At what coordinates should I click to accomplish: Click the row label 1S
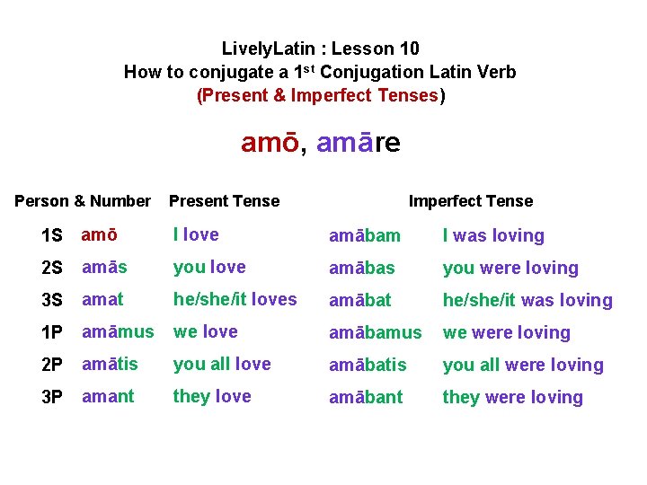[x=52, y=236]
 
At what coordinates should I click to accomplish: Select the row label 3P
[x=52, y=398]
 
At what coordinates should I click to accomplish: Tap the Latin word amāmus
[x=118, y=332]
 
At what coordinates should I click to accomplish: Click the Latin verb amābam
[x=364, y=236]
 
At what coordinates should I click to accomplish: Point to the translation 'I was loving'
[x=493, y=236]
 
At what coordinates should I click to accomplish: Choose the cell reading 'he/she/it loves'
[x=235, y=300]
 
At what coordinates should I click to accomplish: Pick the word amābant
[x=366, y=397]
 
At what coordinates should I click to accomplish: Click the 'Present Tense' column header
[x=224, y=201]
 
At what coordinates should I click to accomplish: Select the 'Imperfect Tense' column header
[x=470, y=201]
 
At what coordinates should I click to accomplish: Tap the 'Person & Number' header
[x=83, y=201]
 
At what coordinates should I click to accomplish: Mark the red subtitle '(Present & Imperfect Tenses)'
[x=321, y=95]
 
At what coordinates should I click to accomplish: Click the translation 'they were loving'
[x=512, y=397]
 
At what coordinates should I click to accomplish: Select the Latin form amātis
[x=111, y=365]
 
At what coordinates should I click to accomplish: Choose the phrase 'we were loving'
[x=506, y=332]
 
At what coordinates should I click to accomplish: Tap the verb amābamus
[x=375, y=332]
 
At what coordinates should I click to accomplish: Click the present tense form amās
[x=104, y=268]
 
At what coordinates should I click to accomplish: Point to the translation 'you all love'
[x=222, y=365]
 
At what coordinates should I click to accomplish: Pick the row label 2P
[x=52, y=366]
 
